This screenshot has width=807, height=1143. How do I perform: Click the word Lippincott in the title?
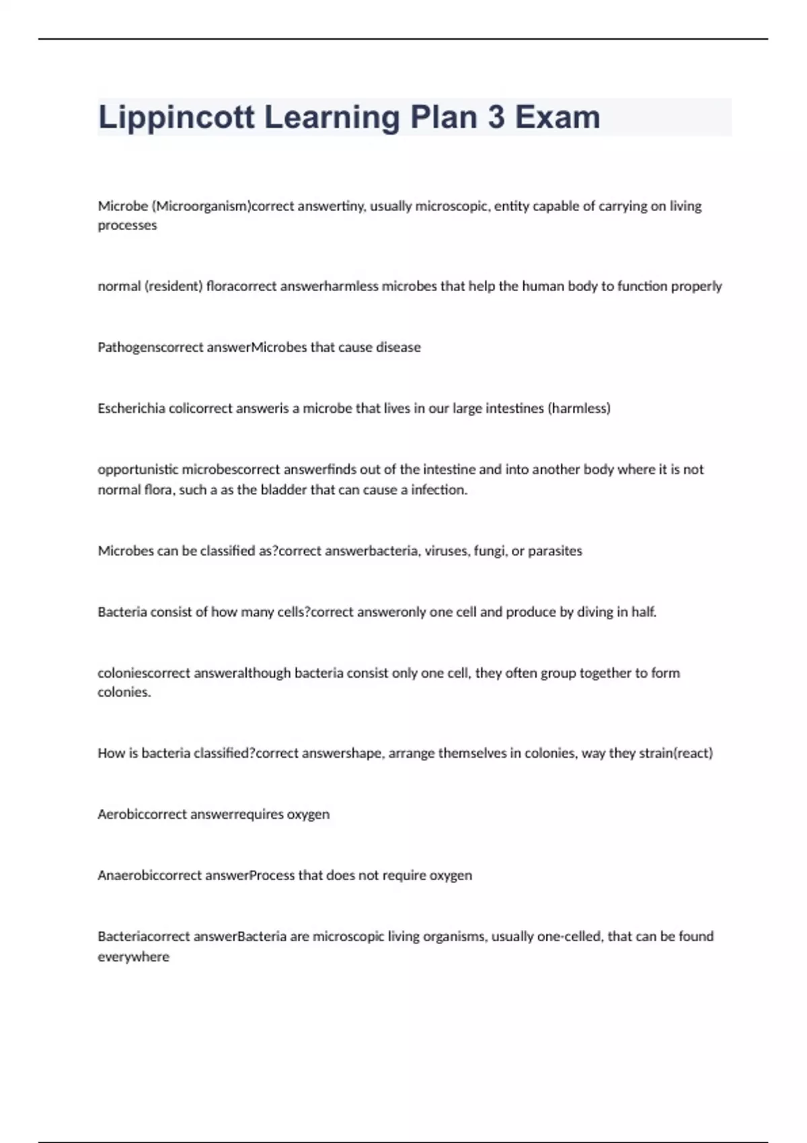click(x=176, y=118)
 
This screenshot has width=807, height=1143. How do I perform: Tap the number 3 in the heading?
click(x=496, y=118)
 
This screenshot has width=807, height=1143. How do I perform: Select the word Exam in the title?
click(x=558, y=118)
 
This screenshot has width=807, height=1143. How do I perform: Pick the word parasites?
click(x=555, y=551)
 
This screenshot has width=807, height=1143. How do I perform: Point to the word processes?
click(x=127, y=225)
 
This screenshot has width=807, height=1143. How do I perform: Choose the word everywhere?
click(x=133, y=956)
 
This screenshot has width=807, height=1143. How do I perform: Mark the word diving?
click(x=594, y=612)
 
